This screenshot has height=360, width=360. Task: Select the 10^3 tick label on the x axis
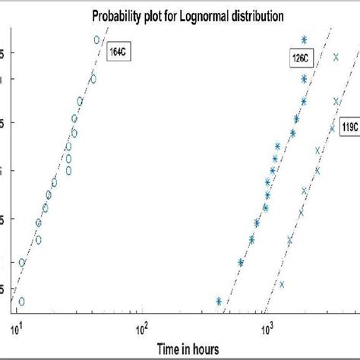pyautogui.click(x=267, y=328)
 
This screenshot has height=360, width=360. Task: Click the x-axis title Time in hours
pyautogui.click(x=189, y=349)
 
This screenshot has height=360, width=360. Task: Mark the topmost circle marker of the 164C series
pyautogui.click(x=96, y=39)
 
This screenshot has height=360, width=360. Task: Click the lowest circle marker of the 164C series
pyautogui.click(x=21, y=302)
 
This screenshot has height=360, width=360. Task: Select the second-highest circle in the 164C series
pyautogui.click(x=93, y=78)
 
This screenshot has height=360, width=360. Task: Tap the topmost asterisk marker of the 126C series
pyautogui.click(x=304, y=39)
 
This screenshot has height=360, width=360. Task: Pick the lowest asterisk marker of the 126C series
pyautogui.click(x=219, y=302)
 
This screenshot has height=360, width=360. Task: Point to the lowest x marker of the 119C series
pyautogui.click(x=282, y=285)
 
